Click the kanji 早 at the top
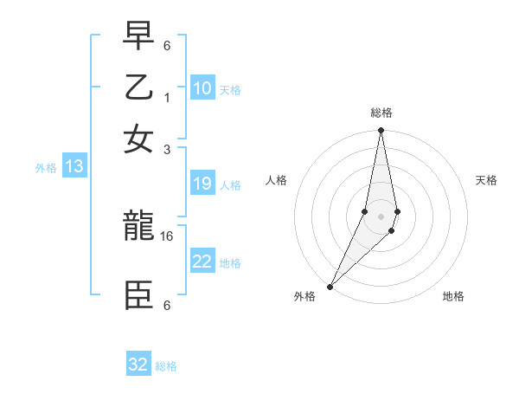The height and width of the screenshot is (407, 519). click(x=139, y=37)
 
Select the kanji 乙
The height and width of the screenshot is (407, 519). click(x=139, y=88)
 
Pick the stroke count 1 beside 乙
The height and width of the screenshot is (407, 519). click(x=167, y=97)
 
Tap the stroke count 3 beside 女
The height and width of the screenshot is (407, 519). click(x=167, y=148)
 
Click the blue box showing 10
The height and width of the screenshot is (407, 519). click(x=202, y=88)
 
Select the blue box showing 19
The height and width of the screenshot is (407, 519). click(x=202, y=184)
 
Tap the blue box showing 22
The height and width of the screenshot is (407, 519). click(x=202, y=262)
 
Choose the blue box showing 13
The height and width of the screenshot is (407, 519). click(x=74, y=167)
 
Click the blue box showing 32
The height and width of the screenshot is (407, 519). click(x=138, y=365)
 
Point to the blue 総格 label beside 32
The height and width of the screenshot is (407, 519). click(x=166, y=366)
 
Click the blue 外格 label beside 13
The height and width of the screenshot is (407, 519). click(x=46, y=168)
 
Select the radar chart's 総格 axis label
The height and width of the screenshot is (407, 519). click(x=381, y=113)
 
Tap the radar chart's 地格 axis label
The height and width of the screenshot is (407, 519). click(x=453, y=297)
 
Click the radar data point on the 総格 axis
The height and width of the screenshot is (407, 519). click(x=381, y=132)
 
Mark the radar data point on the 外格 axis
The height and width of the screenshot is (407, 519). click(x=330, y=286)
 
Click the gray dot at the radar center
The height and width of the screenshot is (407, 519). click(x=381, y=216)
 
